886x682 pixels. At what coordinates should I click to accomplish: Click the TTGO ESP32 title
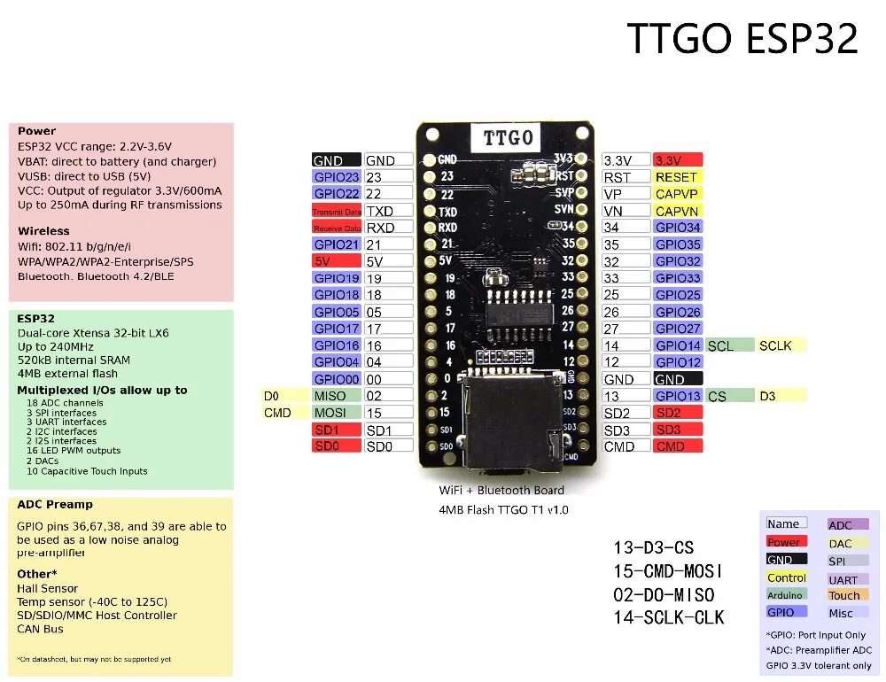(x=742, y=39)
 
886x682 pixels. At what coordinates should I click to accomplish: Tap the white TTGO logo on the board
(x=508, y=138)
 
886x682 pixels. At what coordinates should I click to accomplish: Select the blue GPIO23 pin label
(x=337, y=177)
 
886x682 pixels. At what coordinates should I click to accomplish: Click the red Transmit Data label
(x=337, y=211)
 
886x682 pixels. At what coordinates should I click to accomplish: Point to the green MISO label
(x=337, y=396)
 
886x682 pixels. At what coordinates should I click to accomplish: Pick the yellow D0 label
(x=271, y=396)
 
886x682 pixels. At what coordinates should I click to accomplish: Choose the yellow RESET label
(x=678, y=177)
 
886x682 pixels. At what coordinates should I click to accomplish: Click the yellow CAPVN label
(x=678, y=211)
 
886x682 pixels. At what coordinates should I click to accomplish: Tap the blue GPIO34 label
(x=678, y=228)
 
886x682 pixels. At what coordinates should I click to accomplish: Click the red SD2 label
(x=678, y=413)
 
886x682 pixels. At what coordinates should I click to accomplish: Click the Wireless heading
(x=43, y=231)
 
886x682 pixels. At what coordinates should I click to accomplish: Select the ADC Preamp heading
(x=55, y=505)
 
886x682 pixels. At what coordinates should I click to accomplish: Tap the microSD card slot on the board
(x=514, y=421)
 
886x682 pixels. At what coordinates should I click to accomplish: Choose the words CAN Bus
(x=41, y=629)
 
